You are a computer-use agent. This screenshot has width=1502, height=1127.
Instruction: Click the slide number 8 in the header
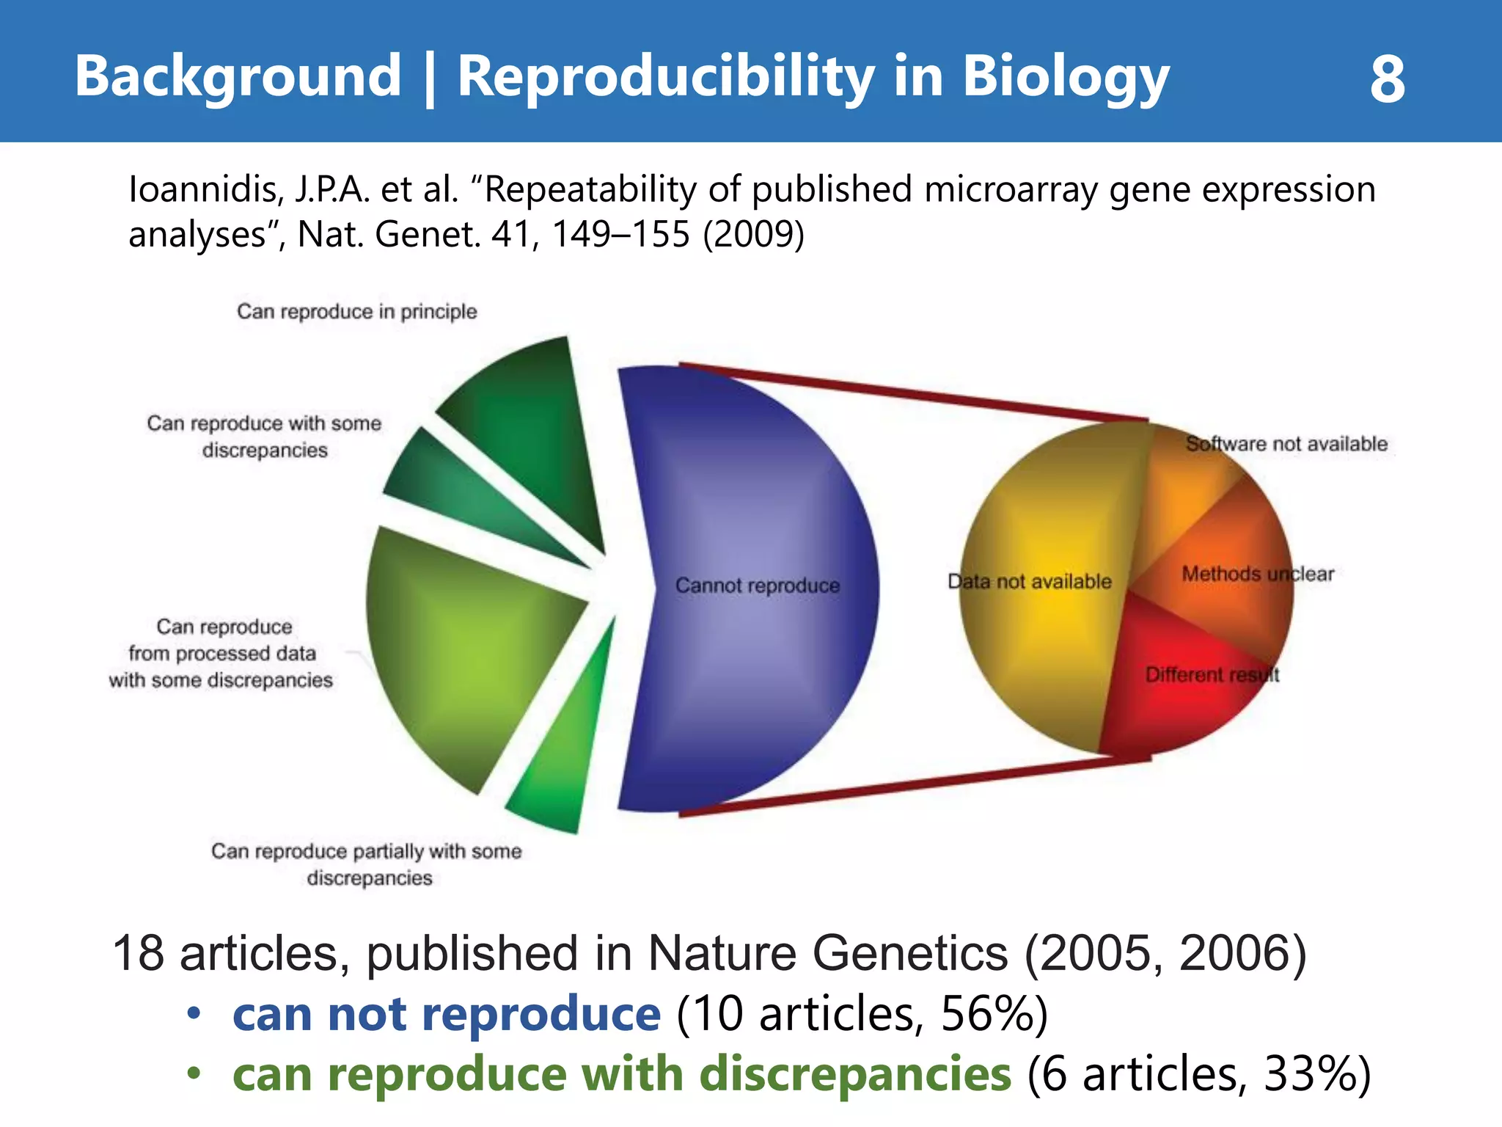[1387, 79]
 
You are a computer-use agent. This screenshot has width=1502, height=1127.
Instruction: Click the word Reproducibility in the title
[666, 76]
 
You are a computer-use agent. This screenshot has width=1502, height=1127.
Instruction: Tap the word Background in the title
[238, 76]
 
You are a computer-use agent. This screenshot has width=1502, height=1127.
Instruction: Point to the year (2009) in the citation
[753, 235]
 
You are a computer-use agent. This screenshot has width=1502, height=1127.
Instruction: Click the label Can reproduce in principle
[356, 312]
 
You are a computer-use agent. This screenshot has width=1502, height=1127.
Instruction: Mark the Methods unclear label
[1257, 574]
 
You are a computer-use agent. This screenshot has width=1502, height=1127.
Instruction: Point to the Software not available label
[1286, 444]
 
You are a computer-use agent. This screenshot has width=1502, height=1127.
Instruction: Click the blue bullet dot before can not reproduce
[194, 1014]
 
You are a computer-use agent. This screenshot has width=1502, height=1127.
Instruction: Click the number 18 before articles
[139, 953]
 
